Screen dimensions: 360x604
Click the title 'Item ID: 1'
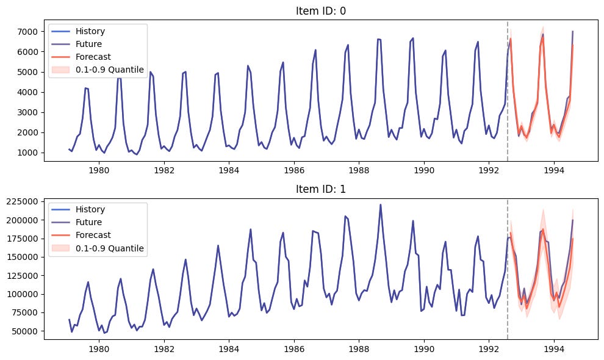pos(319,190)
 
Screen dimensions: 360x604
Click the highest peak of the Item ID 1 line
pos(380,205)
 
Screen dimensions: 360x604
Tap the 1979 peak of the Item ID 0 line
pos(86,88)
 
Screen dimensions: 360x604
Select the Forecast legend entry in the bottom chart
pos(93,235)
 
